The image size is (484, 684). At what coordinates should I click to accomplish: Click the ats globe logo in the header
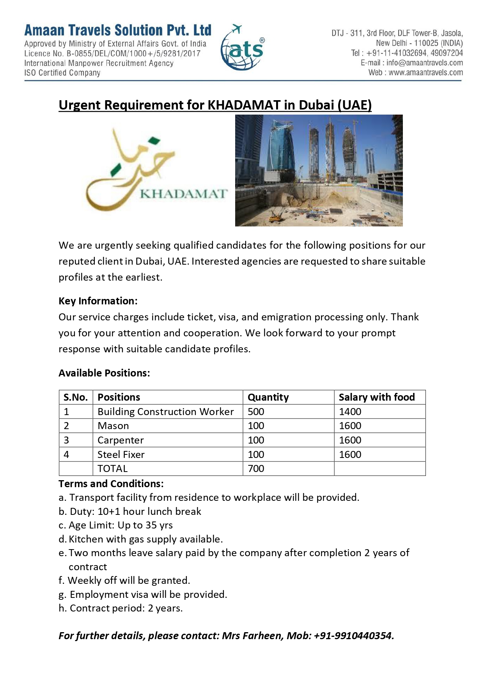point(242,48)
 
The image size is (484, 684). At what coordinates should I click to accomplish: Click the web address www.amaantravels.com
point(425,72)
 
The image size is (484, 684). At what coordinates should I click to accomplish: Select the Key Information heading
point(98,301)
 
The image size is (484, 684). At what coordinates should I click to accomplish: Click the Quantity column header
point(268,397)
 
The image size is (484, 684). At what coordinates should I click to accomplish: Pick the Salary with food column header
point(376,397)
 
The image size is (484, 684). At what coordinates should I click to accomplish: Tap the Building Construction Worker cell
point(165,412)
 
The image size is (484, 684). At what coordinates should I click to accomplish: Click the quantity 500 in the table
point(256,412)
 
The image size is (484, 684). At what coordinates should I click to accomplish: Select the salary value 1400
point(350,412)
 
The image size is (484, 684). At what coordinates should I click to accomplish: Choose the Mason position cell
point(113,426)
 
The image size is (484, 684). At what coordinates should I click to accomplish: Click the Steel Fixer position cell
point(121,454)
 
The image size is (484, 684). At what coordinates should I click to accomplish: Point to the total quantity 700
point(256,468)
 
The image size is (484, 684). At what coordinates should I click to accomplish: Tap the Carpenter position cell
point(121,440)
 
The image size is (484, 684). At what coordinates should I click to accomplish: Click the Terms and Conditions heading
point(111,484)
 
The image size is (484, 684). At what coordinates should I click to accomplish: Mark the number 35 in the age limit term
point(151,525)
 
